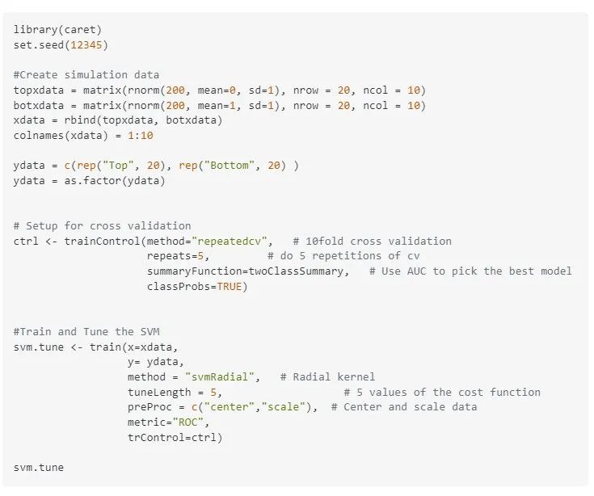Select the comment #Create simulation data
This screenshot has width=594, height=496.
86,74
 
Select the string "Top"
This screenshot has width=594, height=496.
115,166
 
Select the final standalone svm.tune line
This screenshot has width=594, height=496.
39,467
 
